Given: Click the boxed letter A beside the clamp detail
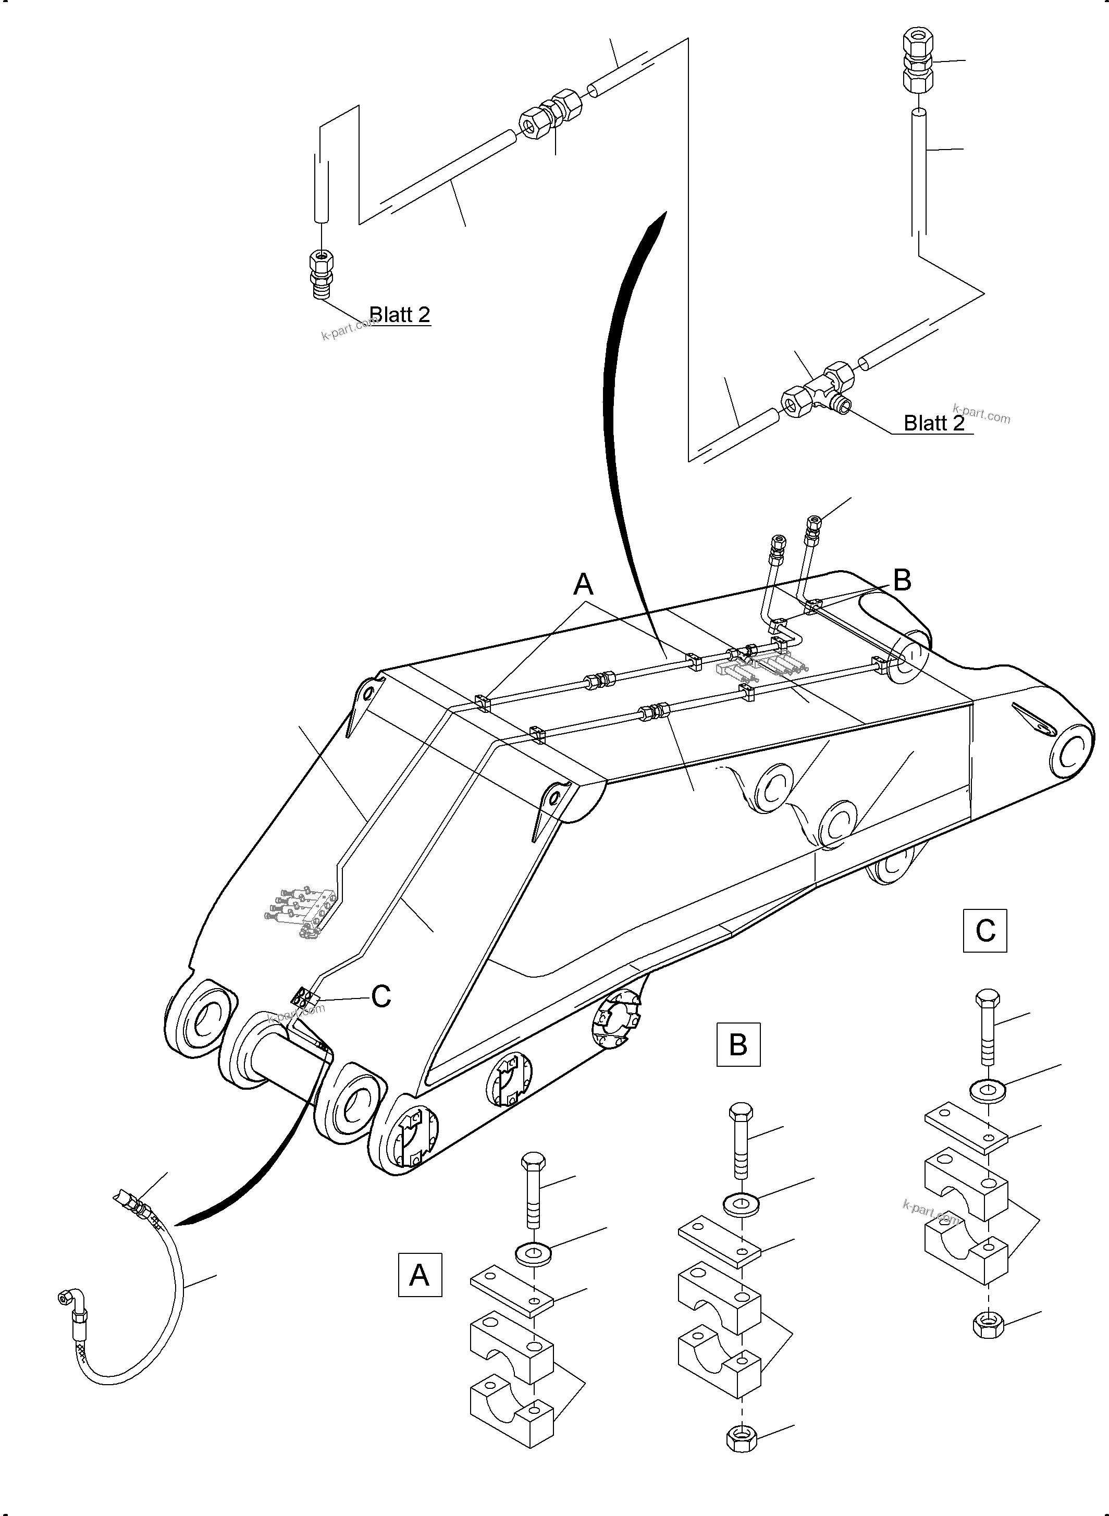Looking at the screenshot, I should (x=420, y=1274).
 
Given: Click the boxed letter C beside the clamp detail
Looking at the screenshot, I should (x=985, y=931).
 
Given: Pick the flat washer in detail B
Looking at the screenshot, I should (x=741, y=1204).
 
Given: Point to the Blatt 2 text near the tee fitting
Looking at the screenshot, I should (x=934, y=423).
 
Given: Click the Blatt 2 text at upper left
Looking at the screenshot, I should (x=400, y=314).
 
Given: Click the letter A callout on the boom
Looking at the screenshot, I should (x=583, y=585).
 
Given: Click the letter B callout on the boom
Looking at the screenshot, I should (x=902, y=581).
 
